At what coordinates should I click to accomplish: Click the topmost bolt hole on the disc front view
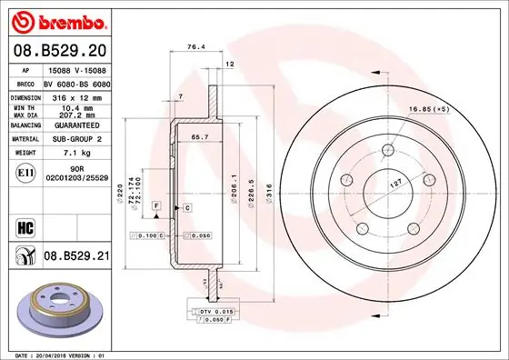click(388, 149)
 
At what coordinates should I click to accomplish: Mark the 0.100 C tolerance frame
click(150, 235)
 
